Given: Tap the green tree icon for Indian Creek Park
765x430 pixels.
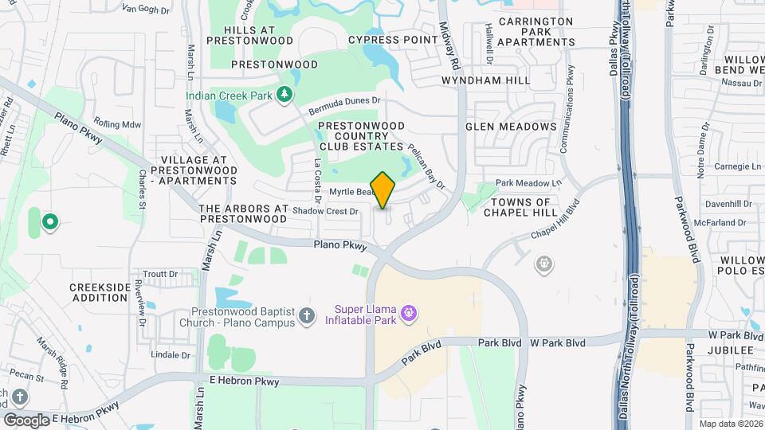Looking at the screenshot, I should click(x=284, y=96).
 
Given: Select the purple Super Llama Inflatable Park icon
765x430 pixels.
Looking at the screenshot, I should click(x=410, y=312).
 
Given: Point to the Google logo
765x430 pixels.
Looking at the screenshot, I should click(x=26, y=419).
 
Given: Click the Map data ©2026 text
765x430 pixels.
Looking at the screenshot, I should click(x=730, y=424).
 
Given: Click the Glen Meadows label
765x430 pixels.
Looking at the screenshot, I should click(x=511, y=127).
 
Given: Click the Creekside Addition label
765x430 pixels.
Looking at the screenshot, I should click(x=98, y=292).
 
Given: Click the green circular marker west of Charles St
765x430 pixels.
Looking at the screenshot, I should click(x=49, y=222).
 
